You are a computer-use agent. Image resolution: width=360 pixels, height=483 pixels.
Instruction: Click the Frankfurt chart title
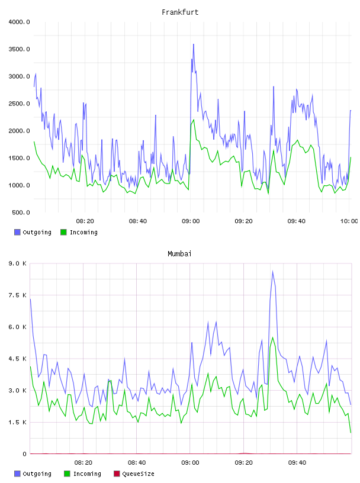point(180,12)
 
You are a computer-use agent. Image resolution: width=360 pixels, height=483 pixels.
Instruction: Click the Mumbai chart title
point(179,254)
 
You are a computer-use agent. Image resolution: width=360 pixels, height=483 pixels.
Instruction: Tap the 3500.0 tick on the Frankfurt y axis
point(20,49)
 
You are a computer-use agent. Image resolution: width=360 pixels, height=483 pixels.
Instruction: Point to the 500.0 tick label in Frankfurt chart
point(21,212)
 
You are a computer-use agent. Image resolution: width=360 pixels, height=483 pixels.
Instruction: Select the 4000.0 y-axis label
point(20,22)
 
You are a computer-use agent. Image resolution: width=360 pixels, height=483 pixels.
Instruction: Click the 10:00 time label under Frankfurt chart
point(349,221)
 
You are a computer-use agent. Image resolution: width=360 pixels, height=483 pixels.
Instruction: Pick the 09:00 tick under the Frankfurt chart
point(191,221)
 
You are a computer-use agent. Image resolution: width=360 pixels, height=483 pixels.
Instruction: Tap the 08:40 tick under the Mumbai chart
point(137,463)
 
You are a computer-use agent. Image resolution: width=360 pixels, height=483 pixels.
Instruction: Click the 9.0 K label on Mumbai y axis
point(18,263)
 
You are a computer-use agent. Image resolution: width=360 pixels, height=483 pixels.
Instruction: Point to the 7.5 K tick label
point(18,295)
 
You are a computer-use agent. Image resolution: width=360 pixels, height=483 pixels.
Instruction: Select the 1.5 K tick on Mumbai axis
point(18,422)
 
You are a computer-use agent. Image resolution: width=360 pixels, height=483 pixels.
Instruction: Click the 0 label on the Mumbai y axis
point(25,454)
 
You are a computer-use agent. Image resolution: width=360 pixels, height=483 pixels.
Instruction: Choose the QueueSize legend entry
point(134,474)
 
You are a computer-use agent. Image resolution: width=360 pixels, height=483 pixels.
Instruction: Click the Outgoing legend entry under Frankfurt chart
point(33,232)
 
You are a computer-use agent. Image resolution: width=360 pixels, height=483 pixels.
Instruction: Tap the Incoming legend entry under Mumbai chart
point(83,474)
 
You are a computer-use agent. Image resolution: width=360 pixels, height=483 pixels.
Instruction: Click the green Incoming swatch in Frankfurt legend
point(63,232)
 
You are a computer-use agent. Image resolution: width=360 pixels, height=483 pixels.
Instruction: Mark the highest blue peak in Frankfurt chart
point(194,44)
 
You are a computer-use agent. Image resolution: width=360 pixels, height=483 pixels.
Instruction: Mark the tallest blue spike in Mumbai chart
point(273,271)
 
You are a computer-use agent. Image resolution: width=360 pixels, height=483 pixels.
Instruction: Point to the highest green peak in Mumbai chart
point(273,337)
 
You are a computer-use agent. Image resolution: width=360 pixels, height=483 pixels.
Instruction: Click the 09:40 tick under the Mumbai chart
point(297,463)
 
